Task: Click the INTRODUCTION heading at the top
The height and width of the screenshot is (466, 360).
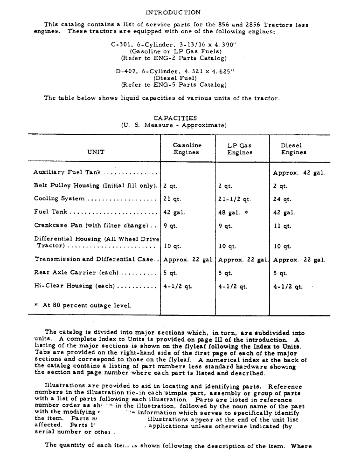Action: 173,13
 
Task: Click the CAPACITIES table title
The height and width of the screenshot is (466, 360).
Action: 175,118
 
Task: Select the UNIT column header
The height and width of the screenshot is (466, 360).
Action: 96,152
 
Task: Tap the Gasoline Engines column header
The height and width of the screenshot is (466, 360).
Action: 187,149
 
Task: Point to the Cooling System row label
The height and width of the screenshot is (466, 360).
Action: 59,199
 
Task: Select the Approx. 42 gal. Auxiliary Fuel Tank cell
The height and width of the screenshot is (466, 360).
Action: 299,172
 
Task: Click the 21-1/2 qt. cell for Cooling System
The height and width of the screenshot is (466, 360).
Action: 235,199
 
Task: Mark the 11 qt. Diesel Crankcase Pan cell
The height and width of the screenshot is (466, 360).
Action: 282,226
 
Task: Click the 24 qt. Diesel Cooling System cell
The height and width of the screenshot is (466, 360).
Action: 282,199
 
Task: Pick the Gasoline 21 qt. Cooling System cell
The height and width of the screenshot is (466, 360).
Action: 172,199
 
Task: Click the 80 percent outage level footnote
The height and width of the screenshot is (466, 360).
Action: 83,306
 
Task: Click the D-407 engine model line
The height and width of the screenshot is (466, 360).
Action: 174,72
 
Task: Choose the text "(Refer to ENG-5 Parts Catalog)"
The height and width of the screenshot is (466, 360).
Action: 173,85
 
